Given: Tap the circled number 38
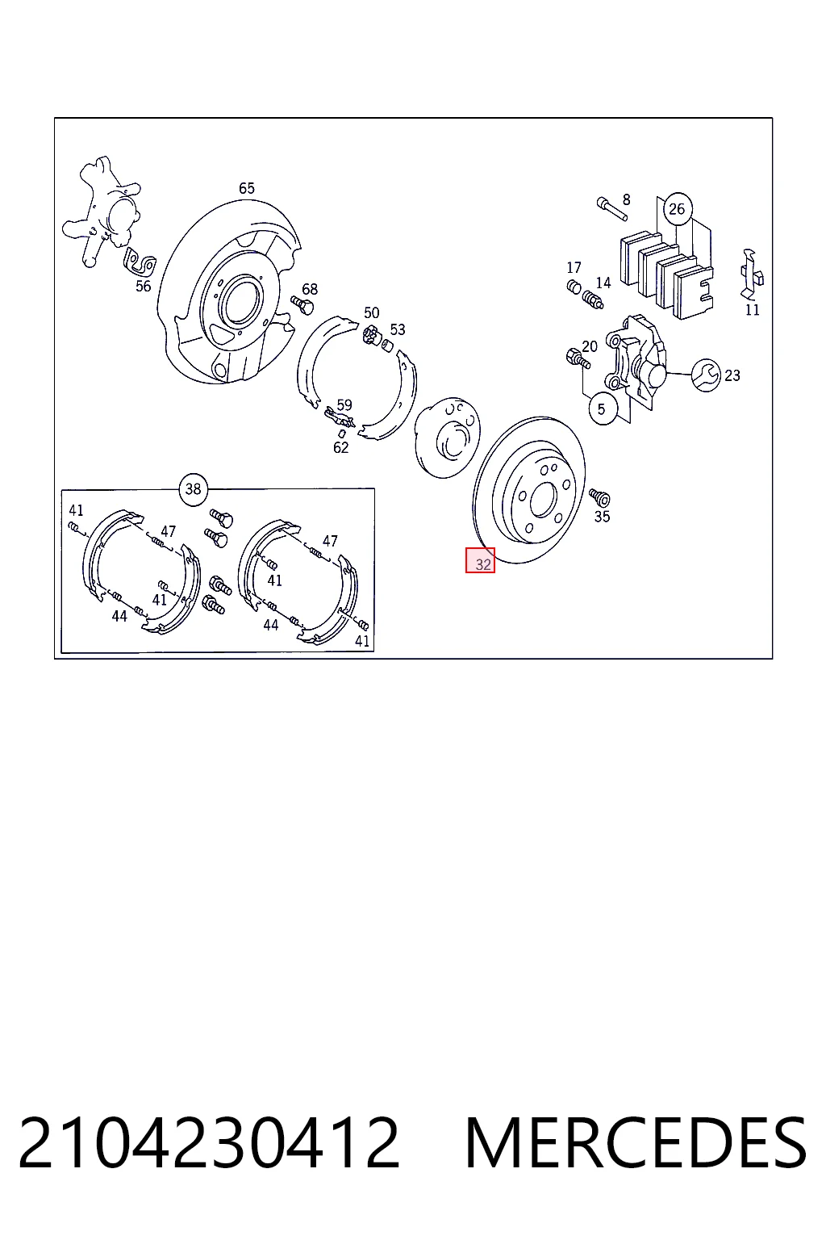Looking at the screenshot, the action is pos(193,488).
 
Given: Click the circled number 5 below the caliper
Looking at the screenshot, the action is pos(603,409).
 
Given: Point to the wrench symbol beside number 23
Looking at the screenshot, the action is pos(707,375).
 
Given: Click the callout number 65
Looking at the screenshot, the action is pos(247,188).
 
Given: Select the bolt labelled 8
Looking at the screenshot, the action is pos(612,208).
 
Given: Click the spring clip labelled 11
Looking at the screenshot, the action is pos(751,275).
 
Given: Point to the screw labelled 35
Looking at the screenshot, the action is pos(599,497).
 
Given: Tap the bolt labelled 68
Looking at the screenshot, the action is pos(302,304).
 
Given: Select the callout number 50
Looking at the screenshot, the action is pos(372,312).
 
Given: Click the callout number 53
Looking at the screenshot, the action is pos(398,330).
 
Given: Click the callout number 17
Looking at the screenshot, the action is pos(574,268).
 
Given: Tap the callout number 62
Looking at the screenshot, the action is pos(340,447).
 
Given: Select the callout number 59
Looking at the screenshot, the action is pos(344,404).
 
